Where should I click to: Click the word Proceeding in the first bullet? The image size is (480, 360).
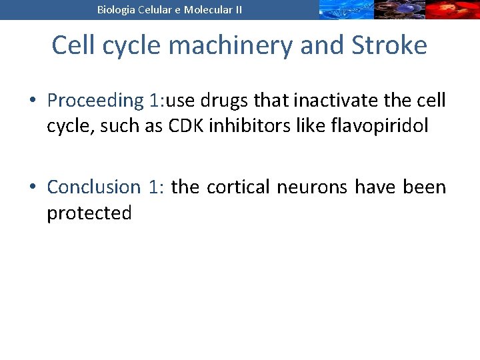tap(91, 101)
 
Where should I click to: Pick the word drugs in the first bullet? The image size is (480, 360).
tap(230, 101)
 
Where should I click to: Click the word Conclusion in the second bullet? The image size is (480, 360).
tap(93, 187)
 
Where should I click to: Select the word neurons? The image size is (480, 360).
tap(313, 187)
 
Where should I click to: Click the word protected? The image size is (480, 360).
tap(89, 213)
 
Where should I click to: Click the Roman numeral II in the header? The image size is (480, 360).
tap(237, 10)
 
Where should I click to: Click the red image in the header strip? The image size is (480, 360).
tap(453, 10)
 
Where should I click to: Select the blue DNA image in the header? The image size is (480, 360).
tap(344, 10)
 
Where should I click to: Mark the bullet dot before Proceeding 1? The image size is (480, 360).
tap(33, 101)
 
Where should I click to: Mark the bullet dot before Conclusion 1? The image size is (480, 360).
tap(33, 188)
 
